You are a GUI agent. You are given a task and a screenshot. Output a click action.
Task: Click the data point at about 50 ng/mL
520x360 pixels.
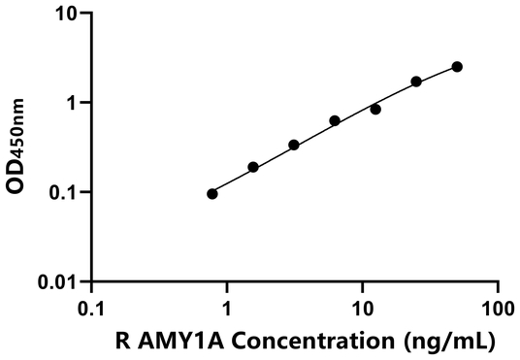pos(457,67)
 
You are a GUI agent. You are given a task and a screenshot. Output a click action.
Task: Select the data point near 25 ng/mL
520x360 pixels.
pos(416,82)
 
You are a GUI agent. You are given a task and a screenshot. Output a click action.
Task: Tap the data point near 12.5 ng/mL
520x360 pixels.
pos(375,110)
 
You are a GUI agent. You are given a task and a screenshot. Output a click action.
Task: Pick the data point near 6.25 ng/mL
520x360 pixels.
pos(335,121)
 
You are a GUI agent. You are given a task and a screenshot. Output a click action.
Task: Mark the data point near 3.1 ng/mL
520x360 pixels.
pos(294,146)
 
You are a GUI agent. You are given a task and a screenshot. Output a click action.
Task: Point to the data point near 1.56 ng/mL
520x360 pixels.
pos(253,167)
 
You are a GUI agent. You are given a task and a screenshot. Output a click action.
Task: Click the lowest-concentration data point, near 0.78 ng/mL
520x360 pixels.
pos(212,194)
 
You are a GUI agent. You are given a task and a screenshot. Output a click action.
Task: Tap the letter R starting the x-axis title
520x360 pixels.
pos(120,341)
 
